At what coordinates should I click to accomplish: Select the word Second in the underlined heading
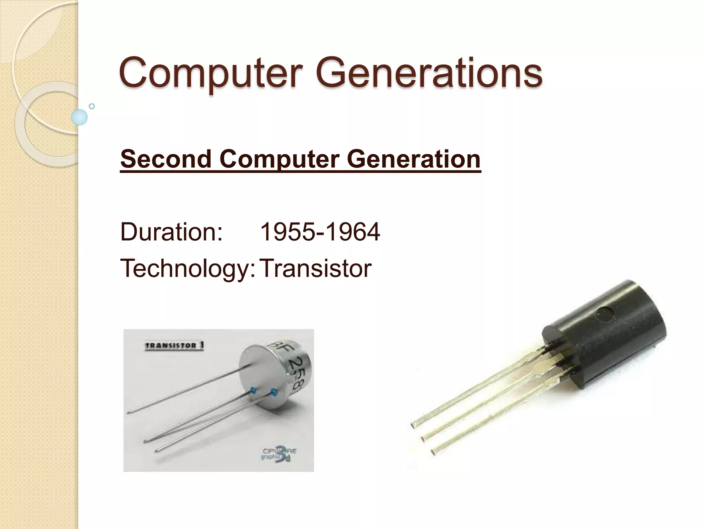tap(166, 159)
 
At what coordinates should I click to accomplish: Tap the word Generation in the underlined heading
tap(413, 159)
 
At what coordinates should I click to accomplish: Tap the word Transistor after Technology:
tap(315, 269)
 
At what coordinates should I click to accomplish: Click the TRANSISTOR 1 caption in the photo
tap(174, 346)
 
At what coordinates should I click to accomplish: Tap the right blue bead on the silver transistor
tap(274, 392)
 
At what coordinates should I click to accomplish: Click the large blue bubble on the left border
tap(79, 117)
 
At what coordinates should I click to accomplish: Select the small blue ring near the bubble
tap(92, 106)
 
